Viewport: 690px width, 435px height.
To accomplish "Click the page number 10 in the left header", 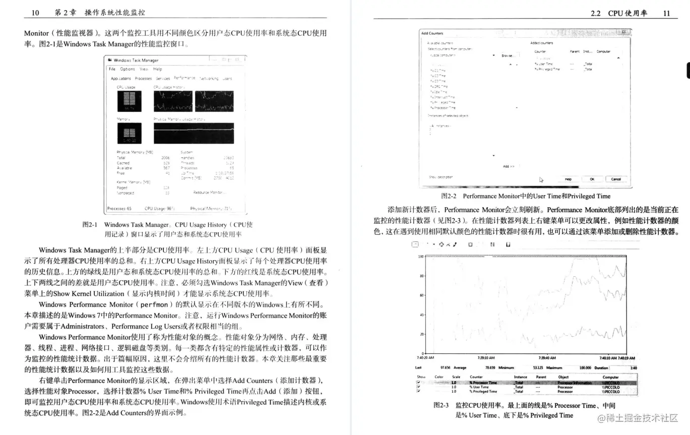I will pos(35,13).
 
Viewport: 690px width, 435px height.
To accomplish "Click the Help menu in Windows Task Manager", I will pos(158,69).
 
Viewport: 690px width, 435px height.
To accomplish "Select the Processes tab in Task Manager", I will pos(143,79).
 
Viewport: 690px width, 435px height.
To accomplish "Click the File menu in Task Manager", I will pos(112,69).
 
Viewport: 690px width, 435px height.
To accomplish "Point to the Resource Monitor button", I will pos(210,193).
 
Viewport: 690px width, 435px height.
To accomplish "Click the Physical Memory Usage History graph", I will pos(194,133).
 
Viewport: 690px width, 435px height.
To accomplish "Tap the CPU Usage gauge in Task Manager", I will pos(129,101).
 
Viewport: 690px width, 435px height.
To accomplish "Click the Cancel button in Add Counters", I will pos(616,179).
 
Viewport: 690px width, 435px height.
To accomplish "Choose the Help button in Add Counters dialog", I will pos(568,179).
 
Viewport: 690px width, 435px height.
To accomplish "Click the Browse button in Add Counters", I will pos(508,55).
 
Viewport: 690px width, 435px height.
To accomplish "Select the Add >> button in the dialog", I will pos(509,166).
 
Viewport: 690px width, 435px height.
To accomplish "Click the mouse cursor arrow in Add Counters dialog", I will pos(541,179).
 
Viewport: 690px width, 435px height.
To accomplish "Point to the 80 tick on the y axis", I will pos(421,276).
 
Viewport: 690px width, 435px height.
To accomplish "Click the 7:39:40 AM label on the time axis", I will pos(547,358).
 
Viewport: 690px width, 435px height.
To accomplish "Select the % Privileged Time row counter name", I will pos(483,391).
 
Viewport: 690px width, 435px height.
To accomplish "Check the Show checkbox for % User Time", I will pos(418,387).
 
